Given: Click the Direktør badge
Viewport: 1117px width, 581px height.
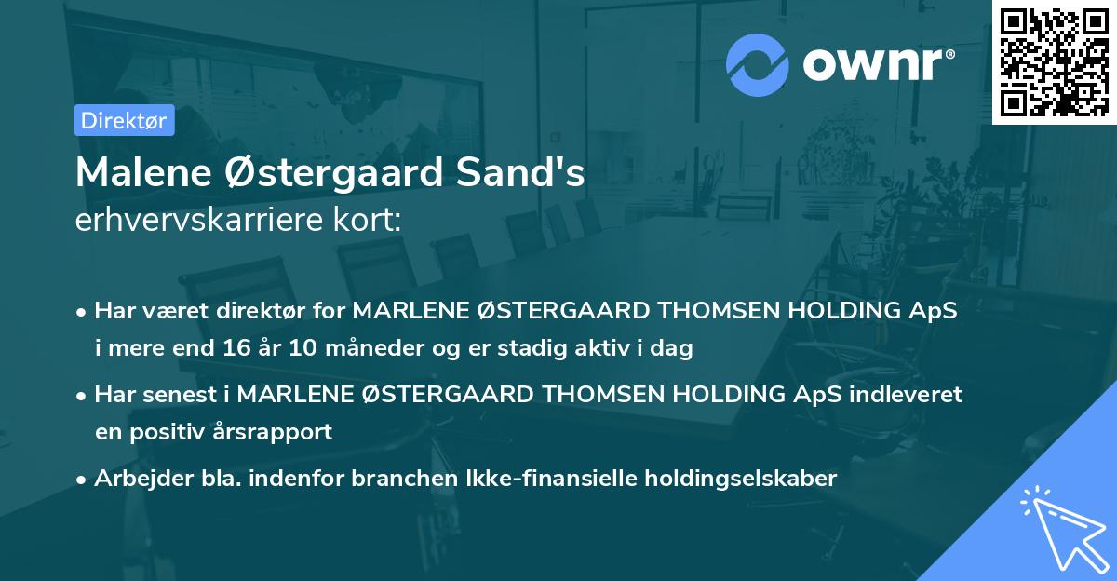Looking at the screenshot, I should (x=124, y=120).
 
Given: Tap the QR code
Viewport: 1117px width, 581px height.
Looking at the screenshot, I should (x=1054, y=61).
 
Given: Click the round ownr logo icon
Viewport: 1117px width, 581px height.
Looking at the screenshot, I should (x=758, y=64).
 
